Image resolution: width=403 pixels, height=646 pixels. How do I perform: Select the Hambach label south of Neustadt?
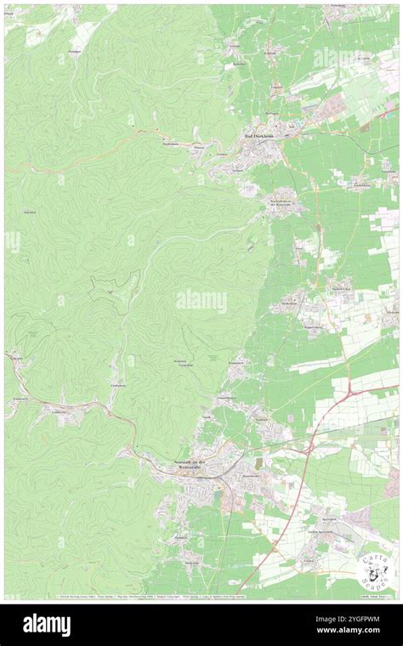point(180,537)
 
